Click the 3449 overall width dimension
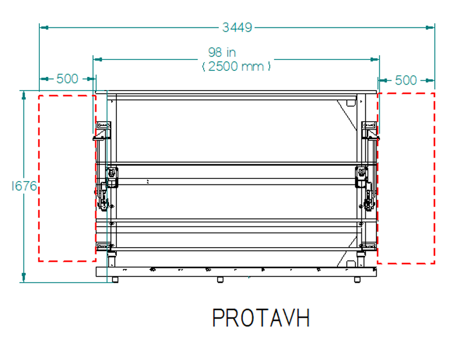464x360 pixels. (237, 27)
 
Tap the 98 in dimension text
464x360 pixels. (222, 52)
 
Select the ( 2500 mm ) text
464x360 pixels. (236, 66)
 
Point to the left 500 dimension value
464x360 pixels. (67, 79)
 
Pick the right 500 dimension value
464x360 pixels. (406, 80)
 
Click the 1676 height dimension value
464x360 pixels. (24, 186)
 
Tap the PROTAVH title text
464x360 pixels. (261, 318)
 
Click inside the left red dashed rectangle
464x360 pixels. (67, 178)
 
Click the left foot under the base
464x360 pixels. (115, 280)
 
